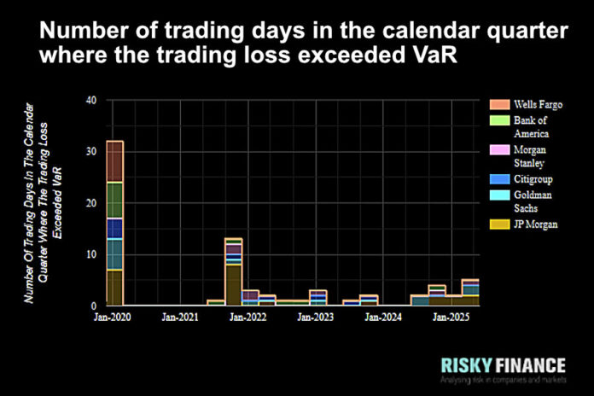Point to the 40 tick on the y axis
(x=91, y=101)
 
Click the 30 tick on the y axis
(x=91, y=152)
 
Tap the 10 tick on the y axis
(x=91, y=254)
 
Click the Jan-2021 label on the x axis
(x=180, y=317)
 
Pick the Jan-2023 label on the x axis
(x=316, y=317)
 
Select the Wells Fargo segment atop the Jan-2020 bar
(x=114, y=161)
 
